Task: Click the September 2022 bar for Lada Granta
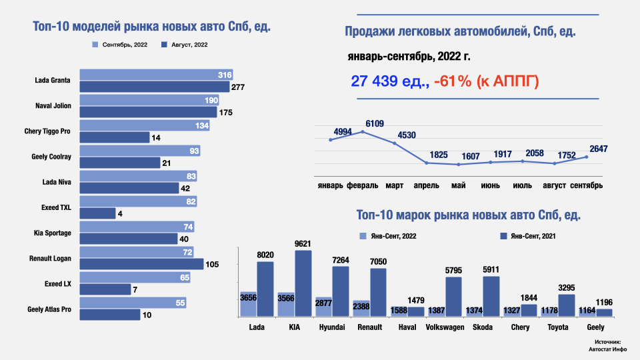[x=153, y=75]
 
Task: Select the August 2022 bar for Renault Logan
[x=141, y=264]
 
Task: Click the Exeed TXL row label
[x=56, y=207]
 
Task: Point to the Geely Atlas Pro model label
[x=49, y=309]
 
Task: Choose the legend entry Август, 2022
[x=185, y=45]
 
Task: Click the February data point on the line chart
[x=363, y=131]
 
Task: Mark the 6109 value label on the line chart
[x=375, y=123]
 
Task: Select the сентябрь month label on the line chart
[x=586, y=185]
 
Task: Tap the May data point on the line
[x=458, y=165]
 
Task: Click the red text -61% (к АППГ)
[x=486, y=81]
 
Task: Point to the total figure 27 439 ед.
[x=389, y=81]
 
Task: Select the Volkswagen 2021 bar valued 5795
[x=453, y=297]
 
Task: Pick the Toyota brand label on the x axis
[x=557, y=327]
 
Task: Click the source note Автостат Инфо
[x=605, y=348]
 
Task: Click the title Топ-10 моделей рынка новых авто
[x=155, y=27]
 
